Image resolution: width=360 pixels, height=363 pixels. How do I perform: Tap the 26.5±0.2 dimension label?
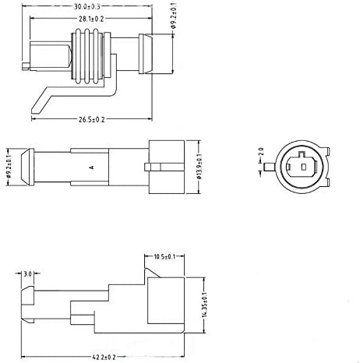click(91, 119)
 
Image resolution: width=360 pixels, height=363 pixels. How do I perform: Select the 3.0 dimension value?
click(27, 274)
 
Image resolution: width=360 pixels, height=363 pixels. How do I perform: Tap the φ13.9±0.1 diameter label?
click(201, 166)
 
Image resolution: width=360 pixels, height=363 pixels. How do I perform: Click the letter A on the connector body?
click(91, 167)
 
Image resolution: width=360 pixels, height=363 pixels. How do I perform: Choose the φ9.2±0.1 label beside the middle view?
click(7, 166)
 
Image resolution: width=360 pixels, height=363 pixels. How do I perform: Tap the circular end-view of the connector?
click(302, 164)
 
